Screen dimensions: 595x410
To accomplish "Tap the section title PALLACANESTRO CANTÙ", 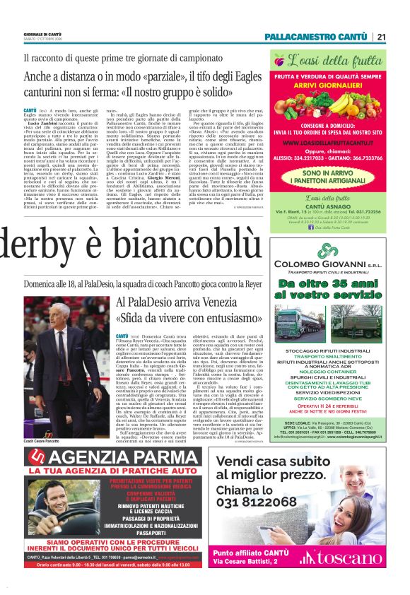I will pyautogui.click(x=315, y=37).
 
